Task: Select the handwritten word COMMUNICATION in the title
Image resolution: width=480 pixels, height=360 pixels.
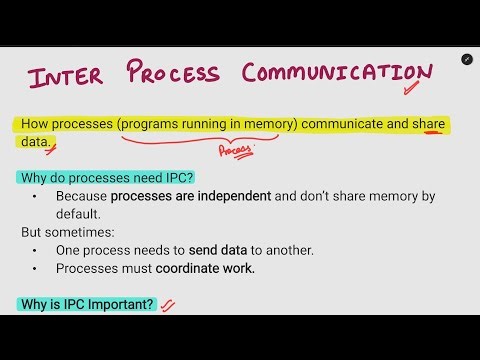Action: tap(335, 73)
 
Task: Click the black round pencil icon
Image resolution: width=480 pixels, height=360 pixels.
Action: tap(466, 60)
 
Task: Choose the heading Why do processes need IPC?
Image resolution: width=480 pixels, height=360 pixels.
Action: tap(105, 178)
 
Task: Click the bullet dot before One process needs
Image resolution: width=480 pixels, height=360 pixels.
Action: tap(36, 250)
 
